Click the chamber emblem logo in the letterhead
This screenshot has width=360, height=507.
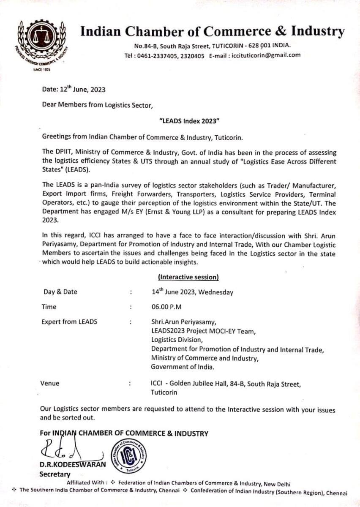(x=41, y=42)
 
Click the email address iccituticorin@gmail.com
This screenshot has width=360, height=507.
(x=264, y=55)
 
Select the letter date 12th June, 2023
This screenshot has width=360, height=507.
(x=74, y=89)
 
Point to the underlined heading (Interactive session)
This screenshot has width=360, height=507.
(x=188, y=277)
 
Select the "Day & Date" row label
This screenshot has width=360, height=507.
(x=60, y=292)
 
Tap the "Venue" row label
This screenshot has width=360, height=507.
(x=50, y=384)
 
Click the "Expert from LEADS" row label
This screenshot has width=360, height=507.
(x=69, y=322)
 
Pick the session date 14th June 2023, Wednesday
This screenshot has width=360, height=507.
(x=192, y=292)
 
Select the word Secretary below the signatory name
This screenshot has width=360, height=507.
(x=54, y=474)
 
